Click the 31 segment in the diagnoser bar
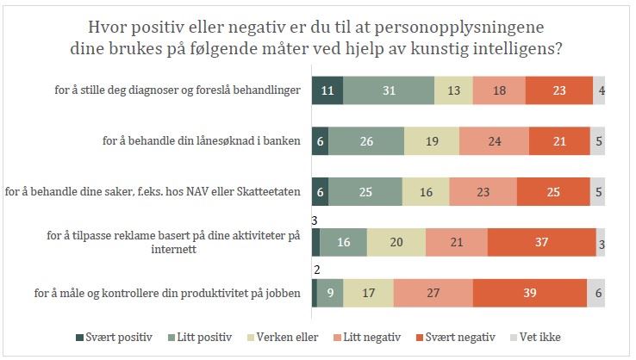pos(389,90)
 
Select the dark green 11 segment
pos(327,90)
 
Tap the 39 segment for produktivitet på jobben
pos(529,293)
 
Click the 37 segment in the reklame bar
pos(541,243)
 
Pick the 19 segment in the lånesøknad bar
pos(431,141)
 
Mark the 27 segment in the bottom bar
pos(433,293)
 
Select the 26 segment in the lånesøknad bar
pos(366,141)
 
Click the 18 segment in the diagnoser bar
pos(499,90)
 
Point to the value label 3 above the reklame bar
pos(315,220)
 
